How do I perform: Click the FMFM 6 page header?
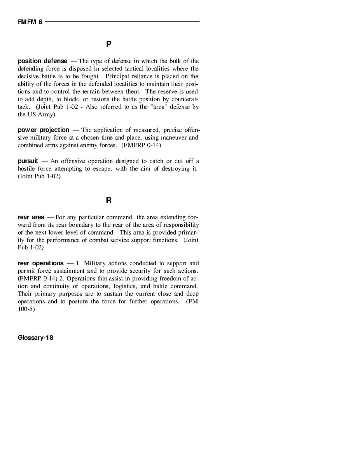[x=30, y=22]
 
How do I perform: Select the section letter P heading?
[x=109, y=44]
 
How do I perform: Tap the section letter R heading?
[x=109, y=201]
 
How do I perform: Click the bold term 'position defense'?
[x=42, y=61]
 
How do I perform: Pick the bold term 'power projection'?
[x=44, y=130]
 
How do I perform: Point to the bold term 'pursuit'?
[x=28, y=161]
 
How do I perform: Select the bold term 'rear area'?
[x=31, y=217]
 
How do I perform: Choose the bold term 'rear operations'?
[x=40, y=263]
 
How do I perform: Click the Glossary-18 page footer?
[x=35, y=338]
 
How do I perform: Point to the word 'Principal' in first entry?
[x=117, y=76]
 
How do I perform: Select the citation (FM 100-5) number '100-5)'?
[x=26, y=309]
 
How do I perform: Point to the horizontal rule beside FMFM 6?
[x=122, y=22]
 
